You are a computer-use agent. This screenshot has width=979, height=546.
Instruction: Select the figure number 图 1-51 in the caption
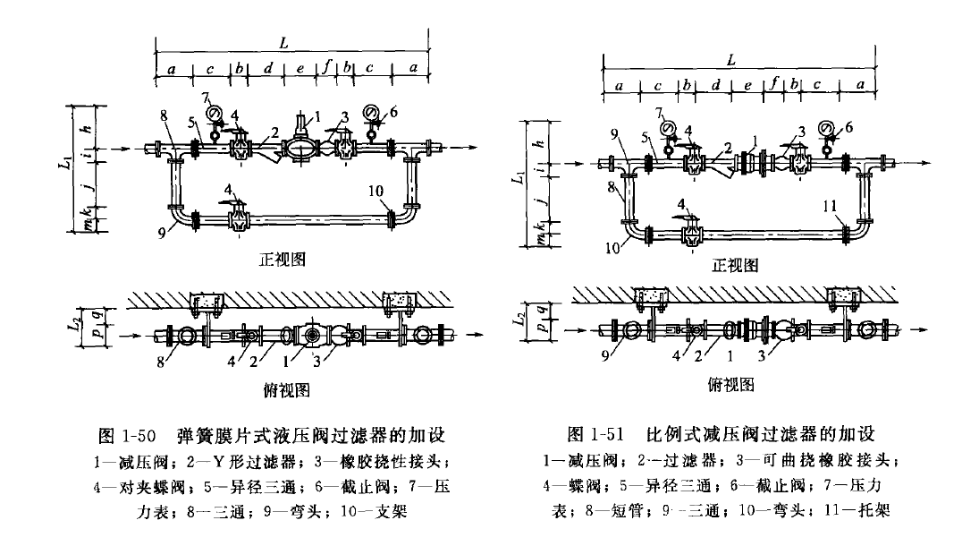coord(598,436)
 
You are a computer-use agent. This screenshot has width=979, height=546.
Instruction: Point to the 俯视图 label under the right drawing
coord(731,385)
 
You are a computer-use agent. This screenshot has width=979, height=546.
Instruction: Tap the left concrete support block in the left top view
coord(211,301)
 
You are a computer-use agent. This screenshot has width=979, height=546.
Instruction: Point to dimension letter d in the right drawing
coord(716,85)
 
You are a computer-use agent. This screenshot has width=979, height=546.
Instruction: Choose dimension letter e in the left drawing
coord(300,67)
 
